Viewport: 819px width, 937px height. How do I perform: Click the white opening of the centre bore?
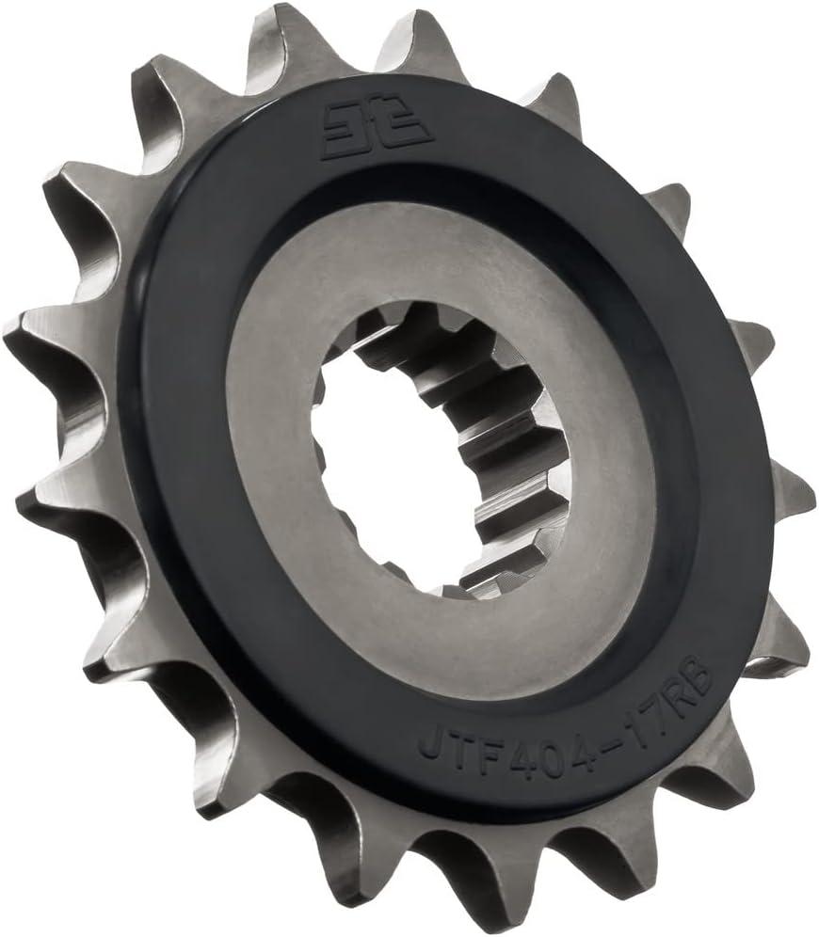point(377,470)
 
